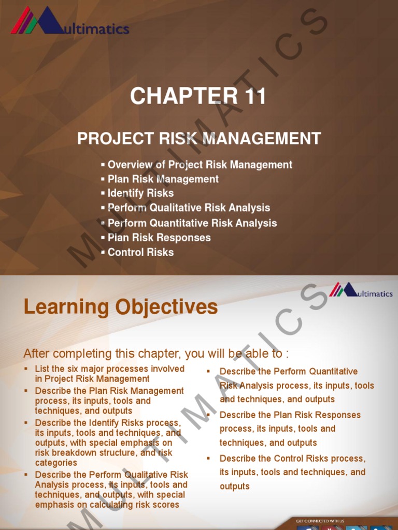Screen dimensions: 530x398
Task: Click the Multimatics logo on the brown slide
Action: click(x=69, y=21)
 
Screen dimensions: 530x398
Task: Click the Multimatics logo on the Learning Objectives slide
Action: click(x=361, y=291)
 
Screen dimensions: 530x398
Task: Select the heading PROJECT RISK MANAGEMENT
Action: click(x=199, y=139)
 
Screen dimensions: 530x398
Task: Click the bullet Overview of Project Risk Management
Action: click(x=200, y=165)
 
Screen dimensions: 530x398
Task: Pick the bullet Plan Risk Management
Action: click(x=163, y=179)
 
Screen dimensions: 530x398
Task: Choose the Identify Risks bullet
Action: click(x=140, y=193)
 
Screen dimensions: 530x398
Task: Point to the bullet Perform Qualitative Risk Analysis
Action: click(x=189, y=208)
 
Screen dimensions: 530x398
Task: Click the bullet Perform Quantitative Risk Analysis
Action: click(x=192, y=223)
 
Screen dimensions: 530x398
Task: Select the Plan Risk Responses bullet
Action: click(x=159, y=238)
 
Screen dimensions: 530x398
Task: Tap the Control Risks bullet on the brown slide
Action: click(x=140, y=253)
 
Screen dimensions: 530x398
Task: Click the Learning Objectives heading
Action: click(x=121, y=307)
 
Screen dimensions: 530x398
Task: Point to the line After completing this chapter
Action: click(x=156, y=354)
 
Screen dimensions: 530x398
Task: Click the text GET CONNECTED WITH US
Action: click(x=320, y=521)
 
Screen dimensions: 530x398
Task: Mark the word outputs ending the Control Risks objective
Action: click(x=234, y=486)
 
